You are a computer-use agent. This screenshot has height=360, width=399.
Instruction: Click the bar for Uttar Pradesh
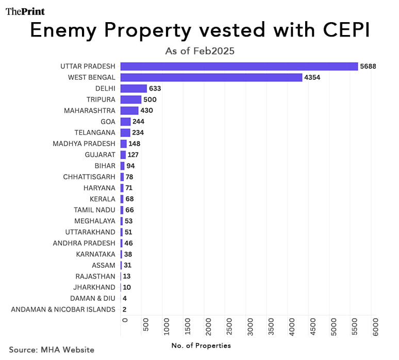click(x=239, y=66)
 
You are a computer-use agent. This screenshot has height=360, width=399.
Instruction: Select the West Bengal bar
click(x=211, y=77)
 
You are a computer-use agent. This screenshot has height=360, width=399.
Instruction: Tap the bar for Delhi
click(x=134, y=89)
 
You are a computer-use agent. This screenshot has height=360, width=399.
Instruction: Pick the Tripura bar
click(x=131, y=99)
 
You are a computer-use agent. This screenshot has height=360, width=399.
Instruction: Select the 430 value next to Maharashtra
click(x=147, y=111)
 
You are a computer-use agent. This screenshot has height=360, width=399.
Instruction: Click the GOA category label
click(x=108, y=122)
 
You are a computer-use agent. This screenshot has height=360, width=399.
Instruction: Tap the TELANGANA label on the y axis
click(x=95, y=132)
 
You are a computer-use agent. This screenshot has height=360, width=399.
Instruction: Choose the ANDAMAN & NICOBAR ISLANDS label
click(x=63, y=310)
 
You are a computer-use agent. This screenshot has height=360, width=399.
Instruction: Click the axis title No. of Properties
click(x=201, y=345)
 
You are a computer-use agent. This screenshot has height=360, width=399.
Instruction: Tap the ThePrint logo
click(x=25, y=11)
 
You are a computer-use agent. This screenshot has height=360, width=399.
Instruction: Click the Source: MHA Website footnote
click(x=52, y=349)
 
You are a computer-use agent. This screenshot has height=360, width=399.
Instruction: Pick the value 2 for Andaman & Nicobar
click(x=125, y=310)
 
